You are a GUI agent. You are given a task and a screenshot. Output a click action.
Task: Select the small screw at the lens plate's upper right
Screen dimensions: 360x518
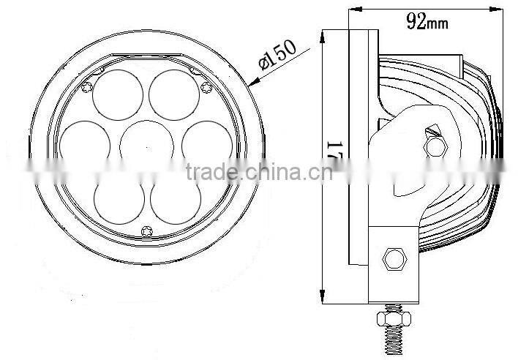(206, 87)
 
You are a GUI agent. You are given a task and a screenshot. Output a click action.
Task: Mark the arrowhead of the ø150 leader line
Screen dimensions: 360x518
(251, 84)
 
